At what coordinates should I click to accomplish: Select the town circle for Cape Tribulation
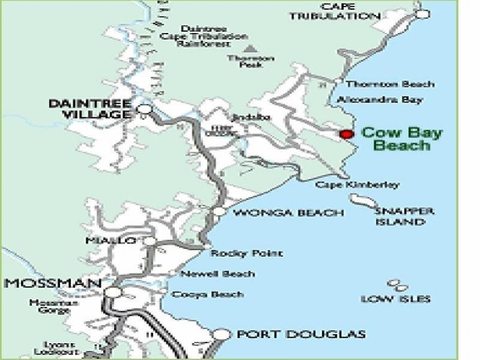[423, 13]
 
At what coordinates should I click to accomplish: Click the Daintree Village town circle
[144, 109]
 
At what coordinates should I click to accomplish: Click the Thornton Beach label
[390, 84]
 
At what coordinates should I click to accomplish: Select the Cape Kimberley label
[357, 185]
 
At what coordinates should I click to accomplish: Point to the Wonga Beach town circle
[220, 211]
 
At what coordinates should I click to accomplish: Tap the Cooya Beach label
[208, 294]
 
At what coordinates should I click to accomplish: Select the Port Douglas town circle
[222, 334]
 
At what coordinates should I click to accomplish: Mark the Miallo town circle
[149, 241]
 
